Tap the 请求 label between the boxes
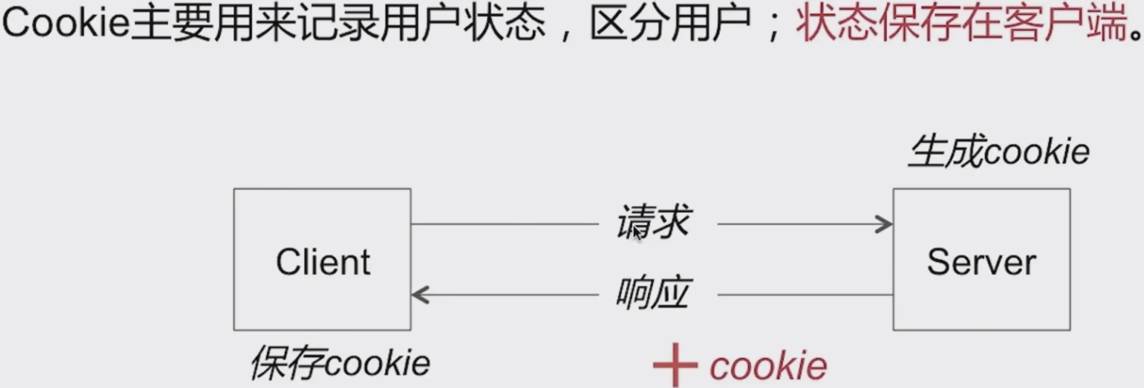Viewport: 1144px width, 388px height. point(653,222)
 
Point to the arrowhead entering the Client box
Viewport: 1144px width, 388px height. point(420,295)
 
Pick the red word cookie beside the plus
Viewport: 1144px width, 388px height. point(768,366)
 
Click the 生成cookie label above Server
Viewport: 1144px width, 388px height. point(999,152)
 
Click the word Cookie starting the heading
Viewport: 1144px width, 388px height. point(66,23)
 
